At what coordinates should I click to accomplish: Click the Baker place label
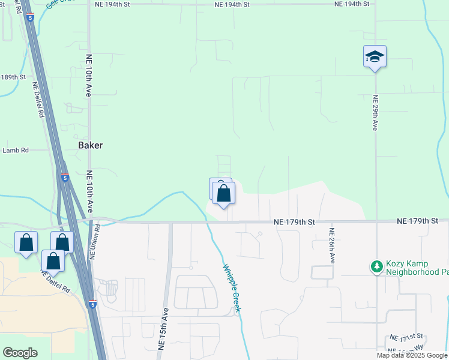coord(91,145)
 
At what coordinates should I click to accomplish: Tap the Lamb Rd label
coord(16,151)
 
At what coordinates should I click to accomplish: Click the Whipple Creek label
coord(232,288)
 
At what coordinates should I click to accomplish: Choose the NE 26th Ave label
coord(332,245)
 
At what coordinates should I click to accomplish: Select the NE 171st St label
coord(406,337)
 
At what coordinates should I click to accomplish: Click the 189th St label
coord(14,77)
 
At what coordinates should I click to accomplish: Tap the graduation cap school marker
coord(375,57)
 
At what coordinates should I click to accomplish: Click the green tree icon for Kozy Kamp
coord(376,266)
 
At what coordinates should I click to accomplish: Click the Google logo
coord(20,353)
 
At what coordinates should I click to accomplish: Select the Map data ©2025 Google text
coord(412,355)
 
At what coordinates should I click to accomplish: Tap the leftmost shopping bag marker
coord(26,243)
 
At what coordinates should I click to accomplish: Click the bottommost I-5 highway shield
coord(91,304)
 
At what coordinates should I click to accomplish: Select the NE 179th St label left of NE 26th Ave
coord(294,222)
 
